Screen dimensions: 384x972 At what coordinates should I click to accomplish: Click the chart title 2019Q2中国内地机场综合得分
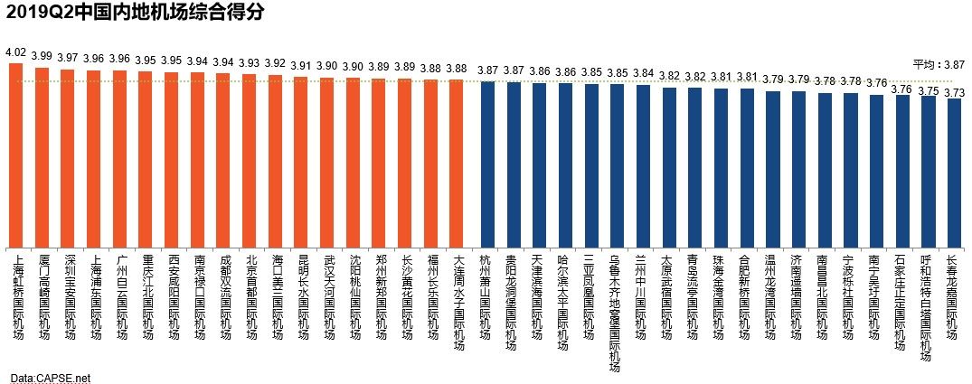point(136,12)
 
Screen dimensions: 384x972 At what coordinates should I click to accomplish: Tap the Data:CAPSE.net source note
point(52,377)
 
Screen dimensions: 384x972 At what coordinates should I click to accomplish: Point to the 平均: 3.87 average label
point(939,65)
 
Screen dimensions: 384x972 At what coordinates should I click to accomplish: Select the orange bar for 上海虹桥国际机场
point(15,154)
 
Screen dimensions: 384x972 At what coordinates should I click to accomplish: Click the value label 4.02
point(15,52)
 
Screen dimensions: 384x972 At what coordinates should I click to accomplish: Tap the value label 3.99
point(42,56)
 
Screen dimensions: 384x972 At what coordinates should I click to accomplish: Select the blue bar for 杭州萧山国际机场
point(486,164)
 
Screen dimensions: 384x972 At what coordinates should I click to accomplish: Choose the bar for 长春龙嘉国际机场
point(954,173)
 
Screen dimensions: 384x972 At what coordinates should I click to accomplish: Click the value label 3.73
point(954,91)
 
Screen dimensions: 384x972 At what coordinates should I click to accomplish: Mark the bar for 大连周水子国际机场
point(457,163)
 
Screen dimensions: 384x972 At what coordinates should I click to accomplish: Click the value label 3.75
point(928,89)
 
